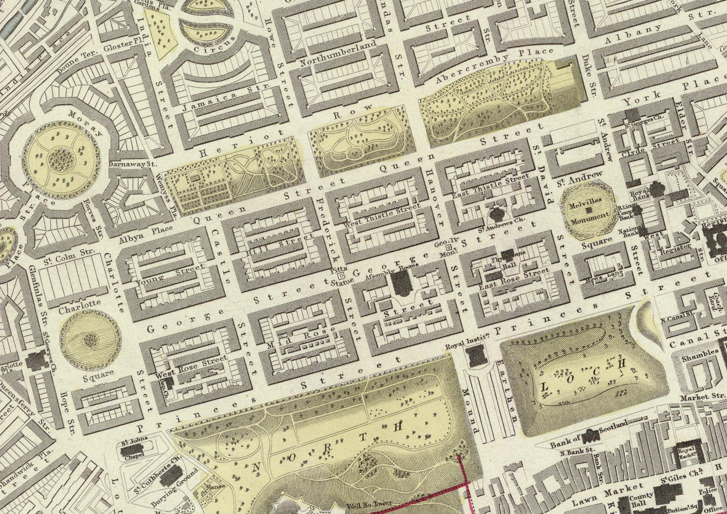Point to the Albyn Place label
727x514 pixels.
(x=146, y=235)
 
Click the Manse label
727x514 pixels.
(x=215, y=486)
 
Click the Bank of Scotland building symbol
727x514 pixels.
(x=589, y=436)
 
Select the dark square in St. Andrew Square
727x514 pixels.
(x=589, y=210)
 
